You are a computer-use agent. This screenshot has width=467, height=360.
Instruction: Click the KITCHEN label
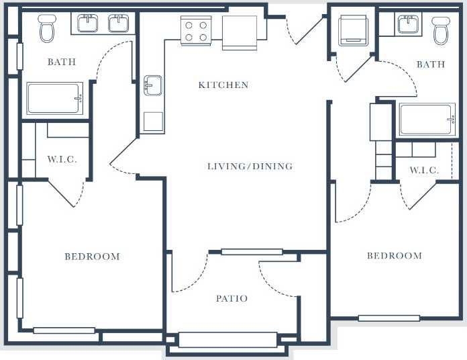coord(223,85)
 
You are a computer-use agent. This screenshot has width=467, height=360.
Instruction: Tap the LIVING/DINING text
coord(250,167)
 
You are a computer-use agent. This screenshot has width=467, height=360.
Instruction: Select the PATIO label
coord(231,298)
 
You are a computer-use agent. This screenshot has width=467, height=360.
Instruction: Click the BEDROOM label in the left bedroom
coord(92,257)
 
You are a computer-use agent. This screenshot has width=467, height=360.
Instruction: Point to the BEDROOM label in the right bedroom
coord(394,256)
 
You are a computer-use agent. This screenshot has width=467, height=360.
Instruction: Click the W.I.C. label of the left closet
coord(62,160)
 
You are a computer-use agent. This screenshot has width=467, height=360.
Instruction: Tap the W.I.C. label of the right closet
coord(424,171)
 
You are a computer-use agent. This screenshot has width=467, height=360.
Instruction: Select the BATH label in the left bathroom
coord(61,62)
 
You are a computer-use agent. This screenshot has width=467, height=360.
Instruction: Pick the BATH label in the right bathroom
coord(430,64)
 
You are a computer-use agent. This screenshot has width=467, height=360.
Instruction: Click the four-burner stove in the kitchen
coord(196,31)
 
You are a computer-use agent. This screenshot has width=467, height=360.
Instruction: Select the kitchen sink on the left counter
coord(153,85)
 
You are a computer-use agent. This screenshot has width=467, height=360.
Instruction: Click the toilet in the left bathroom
coord(47,28)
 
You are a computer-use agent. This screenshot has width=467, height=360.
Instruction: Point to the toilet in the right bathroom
coord(440,30)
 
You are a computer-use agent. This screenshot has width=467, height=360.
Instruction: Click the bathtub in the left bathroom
coord(55,99)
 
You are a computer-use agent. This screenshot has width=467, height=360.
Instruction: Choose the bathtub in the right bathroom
coord(427,120)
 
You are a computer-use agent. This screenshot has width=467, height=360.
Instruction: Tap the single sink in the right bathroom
coord(409,25)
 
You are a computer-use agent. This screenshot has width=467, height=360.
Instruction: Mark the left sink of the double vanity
coord(89,24)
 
